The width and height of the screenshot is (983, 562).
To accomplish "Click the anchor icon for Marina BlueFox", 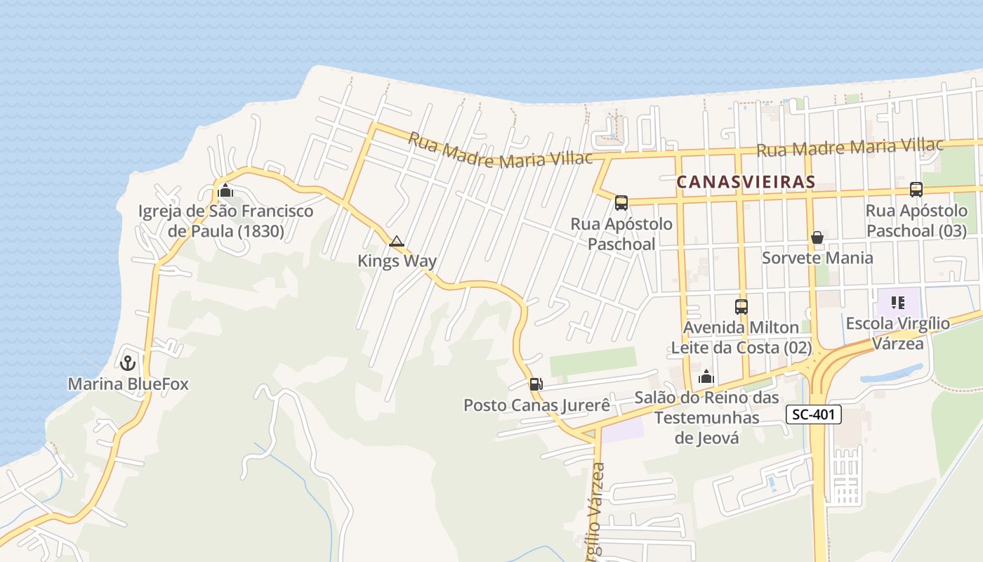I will click(x=128, y=362).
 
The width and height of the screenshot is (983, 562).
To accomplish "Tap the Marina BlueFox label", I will click(x=128, y=384).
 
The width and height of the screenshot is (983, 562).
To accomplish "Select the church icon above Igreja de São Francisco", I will click(x=225, y=190).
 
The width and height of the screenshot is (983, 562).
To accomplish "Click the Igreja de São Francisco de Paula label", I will click(x=225, y=221).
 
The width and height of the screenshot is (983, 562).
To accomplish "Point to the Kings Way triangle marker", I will click(x=397, y=242).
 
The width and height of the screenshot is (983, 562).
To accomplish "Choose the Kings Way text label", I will click(x=397, y=261).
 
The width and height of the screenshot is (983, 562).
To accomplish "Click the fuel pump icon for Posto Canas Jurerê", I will click(x=536, y=384).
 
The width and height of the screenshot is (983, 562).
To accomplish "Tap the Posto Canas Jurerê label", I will click(x=536, y=406).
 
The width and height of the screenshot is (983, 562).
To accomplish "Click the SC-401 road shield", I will click(x=813, y=414).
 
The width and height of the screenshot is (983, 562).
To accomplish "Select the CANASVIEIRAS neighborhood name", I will click(x=746, y=182).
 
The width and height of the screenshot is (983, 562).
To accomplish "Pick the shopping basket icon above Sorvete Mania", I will click(x=817, y=237).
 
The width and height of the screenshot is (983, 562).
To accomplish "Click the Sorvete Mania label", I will click(x=817, y=258).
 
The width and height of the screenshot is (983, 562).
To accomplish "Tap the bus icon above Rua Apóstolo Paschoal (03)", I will click(x=916, y=189).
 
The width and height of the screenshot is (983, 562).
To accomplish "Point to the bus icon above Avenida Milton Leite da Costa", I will click(x=741, y=306).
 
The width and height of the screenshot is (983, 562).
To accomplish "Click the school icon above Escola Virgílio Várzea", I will click(x=897, y=303).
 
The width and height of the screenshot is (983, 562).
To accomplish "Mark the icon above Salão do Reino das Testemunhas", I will click(x=706, y=377).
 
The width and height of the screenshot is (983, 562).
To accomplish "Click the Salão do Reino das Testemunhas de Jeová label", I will click(x=706, y=417).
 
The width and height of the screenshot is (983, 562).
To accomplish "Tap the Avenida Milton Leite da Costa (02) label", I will click(x=741, y=337).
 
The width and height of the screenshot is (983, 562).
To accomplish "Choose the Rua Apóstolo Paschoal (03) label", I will click(x=916, y=221).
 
